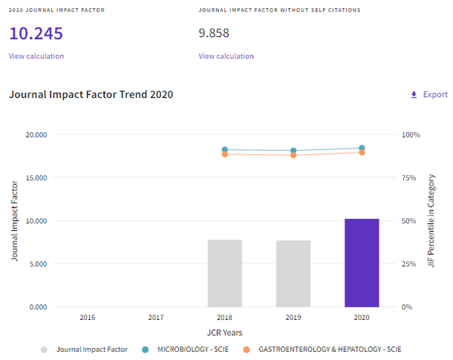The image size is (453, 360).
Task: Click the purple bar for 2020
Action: (362, 263)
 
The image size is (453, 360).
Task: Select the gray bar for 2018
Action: (225, 273)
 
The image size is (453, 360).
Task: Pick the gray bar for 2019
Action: (293, 274)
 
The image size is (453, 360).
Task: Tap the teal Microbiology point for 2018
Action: (225, 149)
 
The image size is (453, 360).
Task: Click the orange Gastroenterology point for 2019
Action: (293, 155)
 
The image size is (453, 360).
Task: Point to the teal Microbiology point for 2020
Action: (362, 148)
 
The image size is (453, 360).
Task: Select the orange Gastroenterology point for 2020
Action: (362, 152)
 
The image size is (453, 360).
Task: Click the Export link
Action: (429, 94)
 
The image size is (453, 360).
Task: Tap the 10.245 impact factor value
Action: (36, 33)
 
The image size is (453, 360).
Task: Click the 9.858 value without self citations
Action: (214, 33)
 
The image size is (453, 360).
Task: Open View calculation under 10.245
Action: (36, 56)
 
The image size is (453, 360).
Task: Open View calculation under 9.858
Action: (226, 56)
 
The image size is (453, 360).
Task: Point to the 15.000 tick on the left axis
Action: (36, 177)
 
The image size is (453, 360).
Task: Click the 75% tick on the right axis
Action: (408, 177)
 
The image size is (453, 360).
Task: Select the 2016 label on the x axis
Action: (88, 317)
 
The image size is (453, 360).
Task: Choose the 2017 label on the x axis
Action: (156, 317)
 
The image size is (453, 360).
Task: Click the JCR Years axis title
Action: (225, 333)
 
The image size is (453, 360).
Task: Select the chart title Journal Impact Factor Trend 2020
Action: (91, 94)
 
